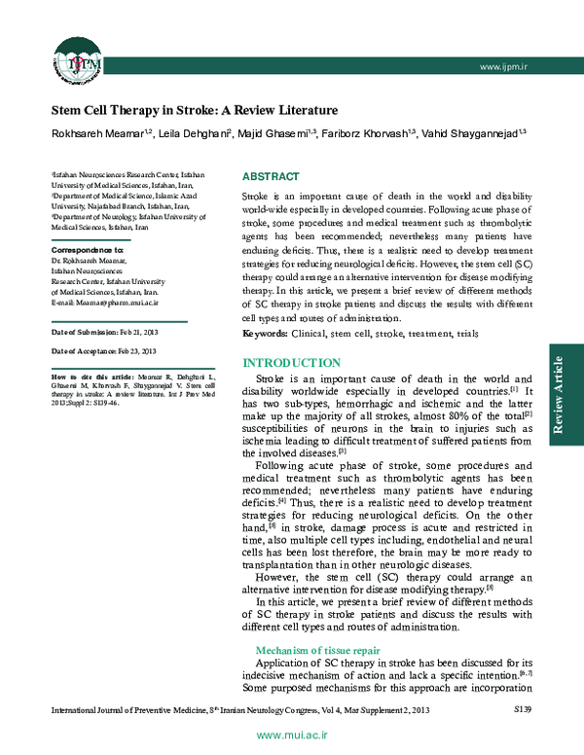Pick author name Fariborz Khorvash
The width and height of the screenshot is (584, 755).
(x=370, y=133)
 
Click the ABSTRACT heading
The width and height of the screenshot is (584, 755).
(x=271, y=177)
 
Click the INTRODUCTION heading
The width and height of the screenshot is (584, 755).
(x=290, y=362)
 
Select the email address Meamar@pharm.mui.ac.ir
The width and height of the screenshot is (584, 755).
(x=103, y=304)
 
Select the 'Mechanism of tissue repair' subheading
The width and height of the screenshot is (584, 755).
(x=317, y=649)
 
